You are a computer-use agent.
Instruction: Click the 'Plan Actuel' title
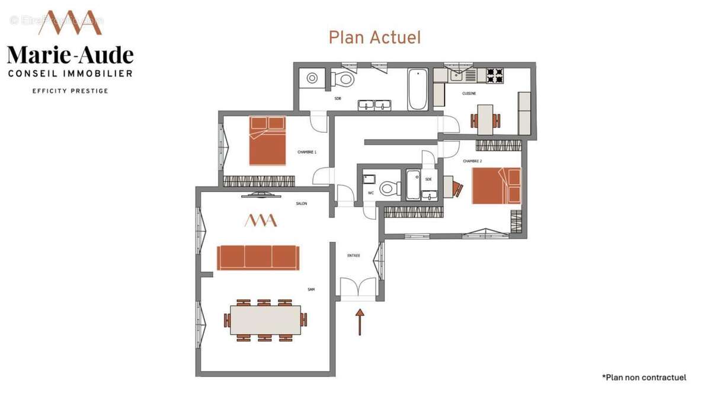[x=374, y=37]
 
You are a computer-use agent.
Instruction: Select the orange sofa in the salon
[x=258, y=257]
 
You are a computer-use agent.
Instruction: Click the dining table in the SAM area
[x=265, y=320]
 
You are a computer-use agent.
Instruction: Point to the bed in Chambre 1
[x=267, y=141]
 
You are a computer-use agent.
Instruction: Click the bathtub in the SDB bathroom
[x=418, y=90]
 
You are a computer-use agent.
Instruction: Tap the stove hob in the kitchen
[x=495, y=75]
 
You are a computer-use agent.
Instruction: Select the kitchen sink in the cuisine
[x=457, y=74]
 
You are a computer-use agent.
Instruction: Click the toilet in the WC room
[x=388, y=189]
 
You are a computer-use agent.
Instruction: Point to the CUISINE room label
[x=469, y=93]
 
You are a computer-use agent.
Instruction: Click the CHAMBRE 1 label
[x=307, y=152]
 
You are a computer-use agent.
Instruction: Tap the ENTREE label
[x=354, y=256]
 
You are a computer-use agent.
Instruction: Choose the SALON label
[x=302, y=203]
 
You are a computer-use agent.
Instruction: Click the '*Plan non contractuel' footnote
[x=644, y=377]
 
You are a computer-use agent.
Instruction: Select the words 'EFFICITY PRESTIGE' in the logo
[x=70, y=91]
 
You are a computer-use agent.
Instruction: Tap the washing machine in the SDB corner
[x=311, y=78]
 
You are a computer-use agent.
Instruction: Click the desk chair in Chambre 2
[x=457, y=188]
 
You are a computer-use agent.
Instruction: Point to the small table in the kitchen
[x=485, y=119]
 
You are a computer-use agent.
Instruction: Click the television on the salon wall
[x=261, y=193]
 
